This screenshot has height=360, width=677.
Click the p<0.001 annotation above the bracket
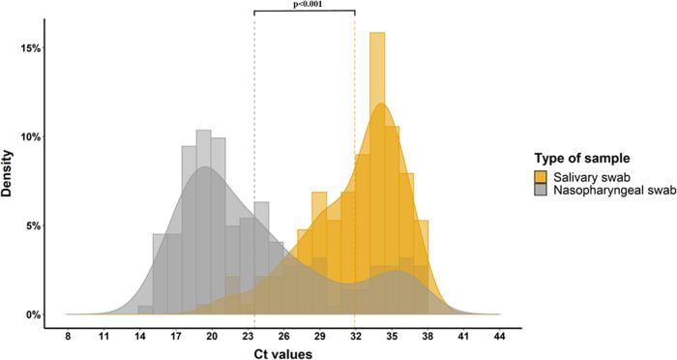pos(304,5)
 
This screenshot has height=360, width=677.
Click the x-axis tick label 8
pos(68,336)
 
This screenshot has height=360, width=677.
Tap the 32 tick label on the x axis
pos(355,336)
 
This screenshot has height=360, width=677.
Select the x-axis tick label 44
pos(499,336)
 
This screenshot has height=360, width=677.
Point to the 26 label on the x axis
pos(283,336)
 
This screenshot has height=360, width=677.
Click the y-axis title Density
pos(9,180)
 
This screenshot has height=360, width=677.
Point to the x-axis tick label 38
pos(427,336)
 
